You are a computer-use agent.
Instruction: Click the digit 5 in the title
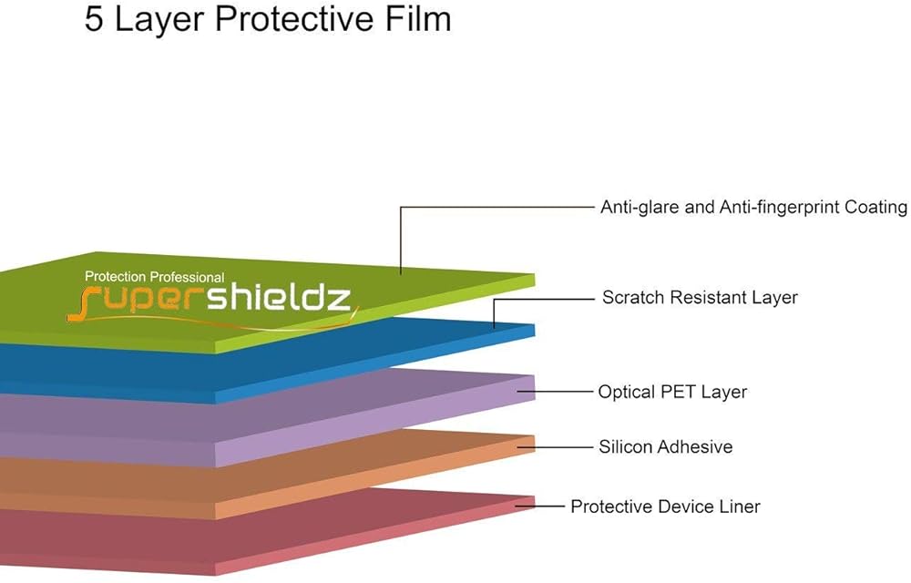(95, 19)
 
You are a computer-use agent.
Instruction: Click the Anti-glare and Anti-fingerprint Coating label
(753, 208)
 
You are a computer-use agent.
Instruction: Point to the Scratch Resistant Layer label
(700, 297)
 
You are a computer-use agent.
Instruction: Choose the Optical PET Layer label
(672, 392)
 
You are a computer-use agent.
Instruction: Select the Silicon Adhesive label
(665, 446)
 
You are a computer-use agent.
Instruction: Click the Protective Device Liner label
(665, 506)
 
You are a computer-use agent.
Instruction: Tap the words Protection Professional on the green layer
(155, 277)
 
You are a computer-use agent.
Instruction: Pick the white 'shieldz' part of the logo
(280, 298)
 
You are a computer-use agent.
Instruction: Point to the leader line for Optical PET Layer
(554, 392)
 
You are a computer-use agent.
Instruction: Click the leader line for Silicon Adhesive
(554, 446)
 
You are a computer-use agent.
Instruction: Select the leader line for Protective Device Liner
(539, 506)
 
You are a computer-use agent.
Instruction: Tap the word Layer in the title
(158, 20)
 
